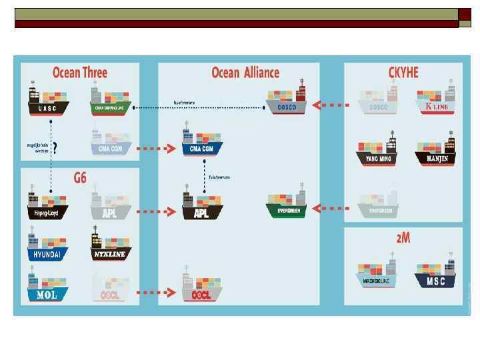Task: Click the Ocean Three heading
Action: pyautogui.click(x=80, y=73)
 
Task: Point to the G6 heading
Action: pyautogui.click(x=80, y=178)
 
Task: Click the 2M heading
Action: pyautogui.click(x=403, y=238)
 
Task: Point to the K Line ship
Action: pyautogui.click(x=436, y=101)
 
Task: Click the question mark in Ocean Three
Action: pyautogui.click(x=55, y=148)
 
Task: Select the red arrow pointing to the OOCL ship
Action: pyautogui.click(x=157, y=292)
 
